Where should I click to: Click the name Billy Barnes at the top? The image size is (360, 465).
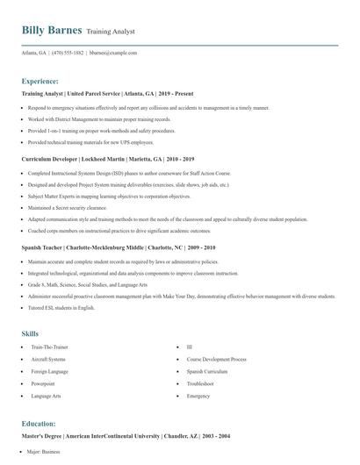[52, 30]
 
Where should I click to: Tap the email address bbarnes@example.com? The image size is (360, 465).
[113, 53]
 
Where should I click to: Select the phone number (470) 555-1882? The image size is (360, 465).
[68, 53]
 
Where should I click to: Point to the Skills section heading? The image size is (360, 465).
[30, 333]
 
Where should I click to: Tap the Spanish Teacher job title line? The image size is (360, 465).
[118, 248]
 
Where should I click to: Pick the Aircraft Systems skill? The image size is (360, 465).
[47, 360]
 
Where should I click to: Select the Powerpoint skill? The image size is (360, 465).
[43, 383]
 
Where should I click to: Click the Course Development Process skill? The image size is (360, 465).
[216, 360]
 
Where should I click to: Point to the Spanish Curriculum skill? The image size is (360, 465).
[208, 372]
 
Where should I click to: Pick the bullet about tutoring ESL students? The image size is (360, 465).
[61, 308]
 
